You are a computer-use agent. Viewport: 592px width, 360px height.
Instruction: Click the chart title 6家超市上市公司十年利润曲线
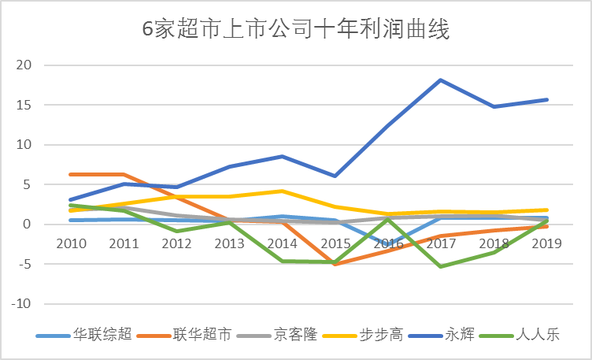(296, 30)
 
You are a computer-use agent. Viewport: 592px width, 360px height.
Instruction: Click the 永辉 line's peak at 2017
(440, 80)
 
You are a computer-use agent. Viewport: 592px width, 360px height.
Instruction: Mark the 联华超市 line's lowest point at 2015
(335, 264)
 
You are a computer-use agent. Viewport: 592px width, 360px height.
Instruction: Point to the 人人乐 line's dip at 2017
(440, 266)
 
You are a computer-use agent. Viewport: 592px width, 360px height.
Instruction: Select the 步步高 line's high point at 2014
(283, 191)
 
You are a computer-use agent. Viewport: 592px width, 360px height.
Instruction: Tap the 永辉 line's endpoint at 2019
(546, 99)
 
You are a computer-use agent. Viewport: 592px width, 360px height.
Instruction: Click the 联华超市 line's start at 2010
(71, 174)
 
